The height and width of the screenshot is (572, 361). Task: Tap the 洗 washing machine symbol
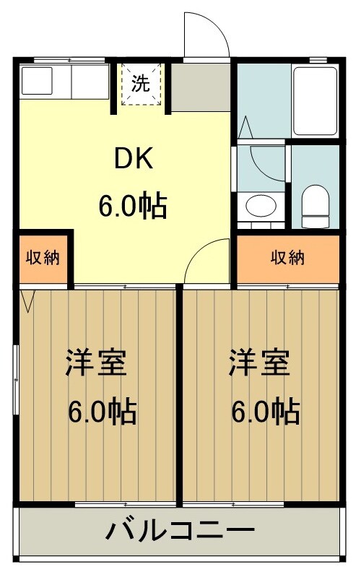coord(140,84)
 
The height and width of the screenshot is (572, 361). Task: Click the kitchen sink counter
coord(65,82)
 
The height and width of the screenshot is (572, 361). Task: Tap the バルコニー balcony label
coord(180,532)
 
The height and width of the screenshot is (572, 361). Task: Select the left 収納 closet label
coord(43,258)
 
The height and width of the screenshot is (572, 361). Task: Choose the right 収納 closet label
coord(288,258)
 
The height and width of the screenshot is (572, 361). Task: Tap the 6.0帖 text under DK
coord(134,207)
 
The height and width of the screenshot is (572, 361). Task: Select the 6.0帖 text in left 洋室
coord(103,412)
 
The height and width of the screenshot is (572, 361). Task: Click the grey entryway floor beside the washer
coord(201,87)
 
